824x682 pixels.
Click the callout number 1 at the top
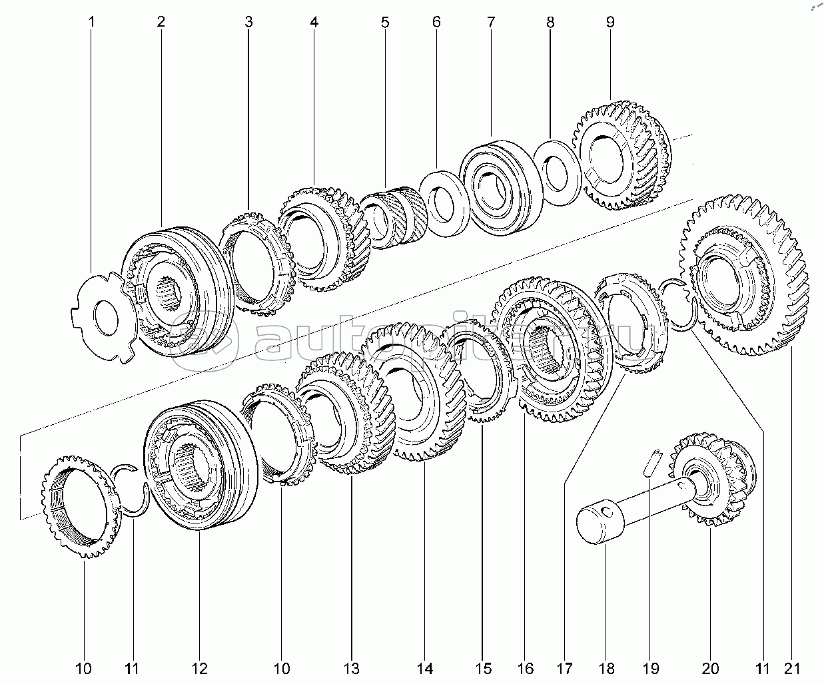[91, 22]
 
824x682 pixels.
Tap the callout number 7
[490, 22]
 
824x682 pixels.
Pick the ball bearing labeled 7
[500, 187]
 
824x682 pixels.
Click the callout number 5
[385, 22]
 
